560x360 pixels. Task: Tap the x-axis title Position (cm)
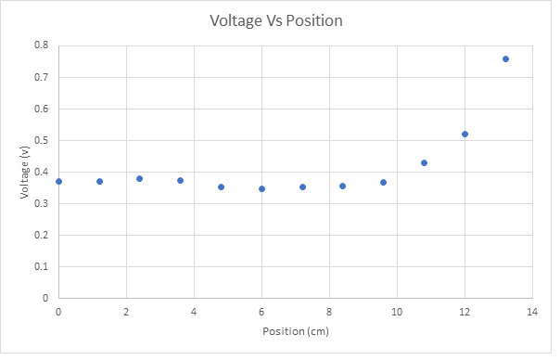[x=295, y=331]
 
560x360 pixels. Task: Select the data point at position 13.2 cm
[x=505, y=58]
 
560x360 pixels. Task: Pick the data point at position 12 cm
[x=465, y=134]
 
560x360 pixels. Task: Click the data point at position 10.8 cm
[x=424, y=162]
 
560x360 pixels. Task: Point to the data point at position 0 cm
[x=58, y=181]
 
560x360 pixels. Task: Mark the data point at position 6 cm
[x=261, y=188]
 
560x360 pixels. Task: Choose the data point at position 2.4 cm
[x=139, y=178]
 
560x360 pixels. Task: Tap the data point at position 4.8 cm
[x=221, y=186]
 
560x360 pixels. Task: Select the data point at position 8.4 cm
[x=342, y=186]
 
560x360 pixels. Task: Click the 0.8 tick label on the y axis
[x=42, y=45]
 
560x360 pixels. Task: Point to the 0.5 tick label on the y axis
[x=42, y=140]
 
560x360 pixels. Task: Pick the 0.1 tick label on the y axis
[x=42, y=267]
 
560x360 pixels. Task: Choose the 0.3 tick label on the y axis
[x=42, y=204]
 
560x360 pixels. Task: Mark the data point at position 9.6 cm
[x=383, y=182]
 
